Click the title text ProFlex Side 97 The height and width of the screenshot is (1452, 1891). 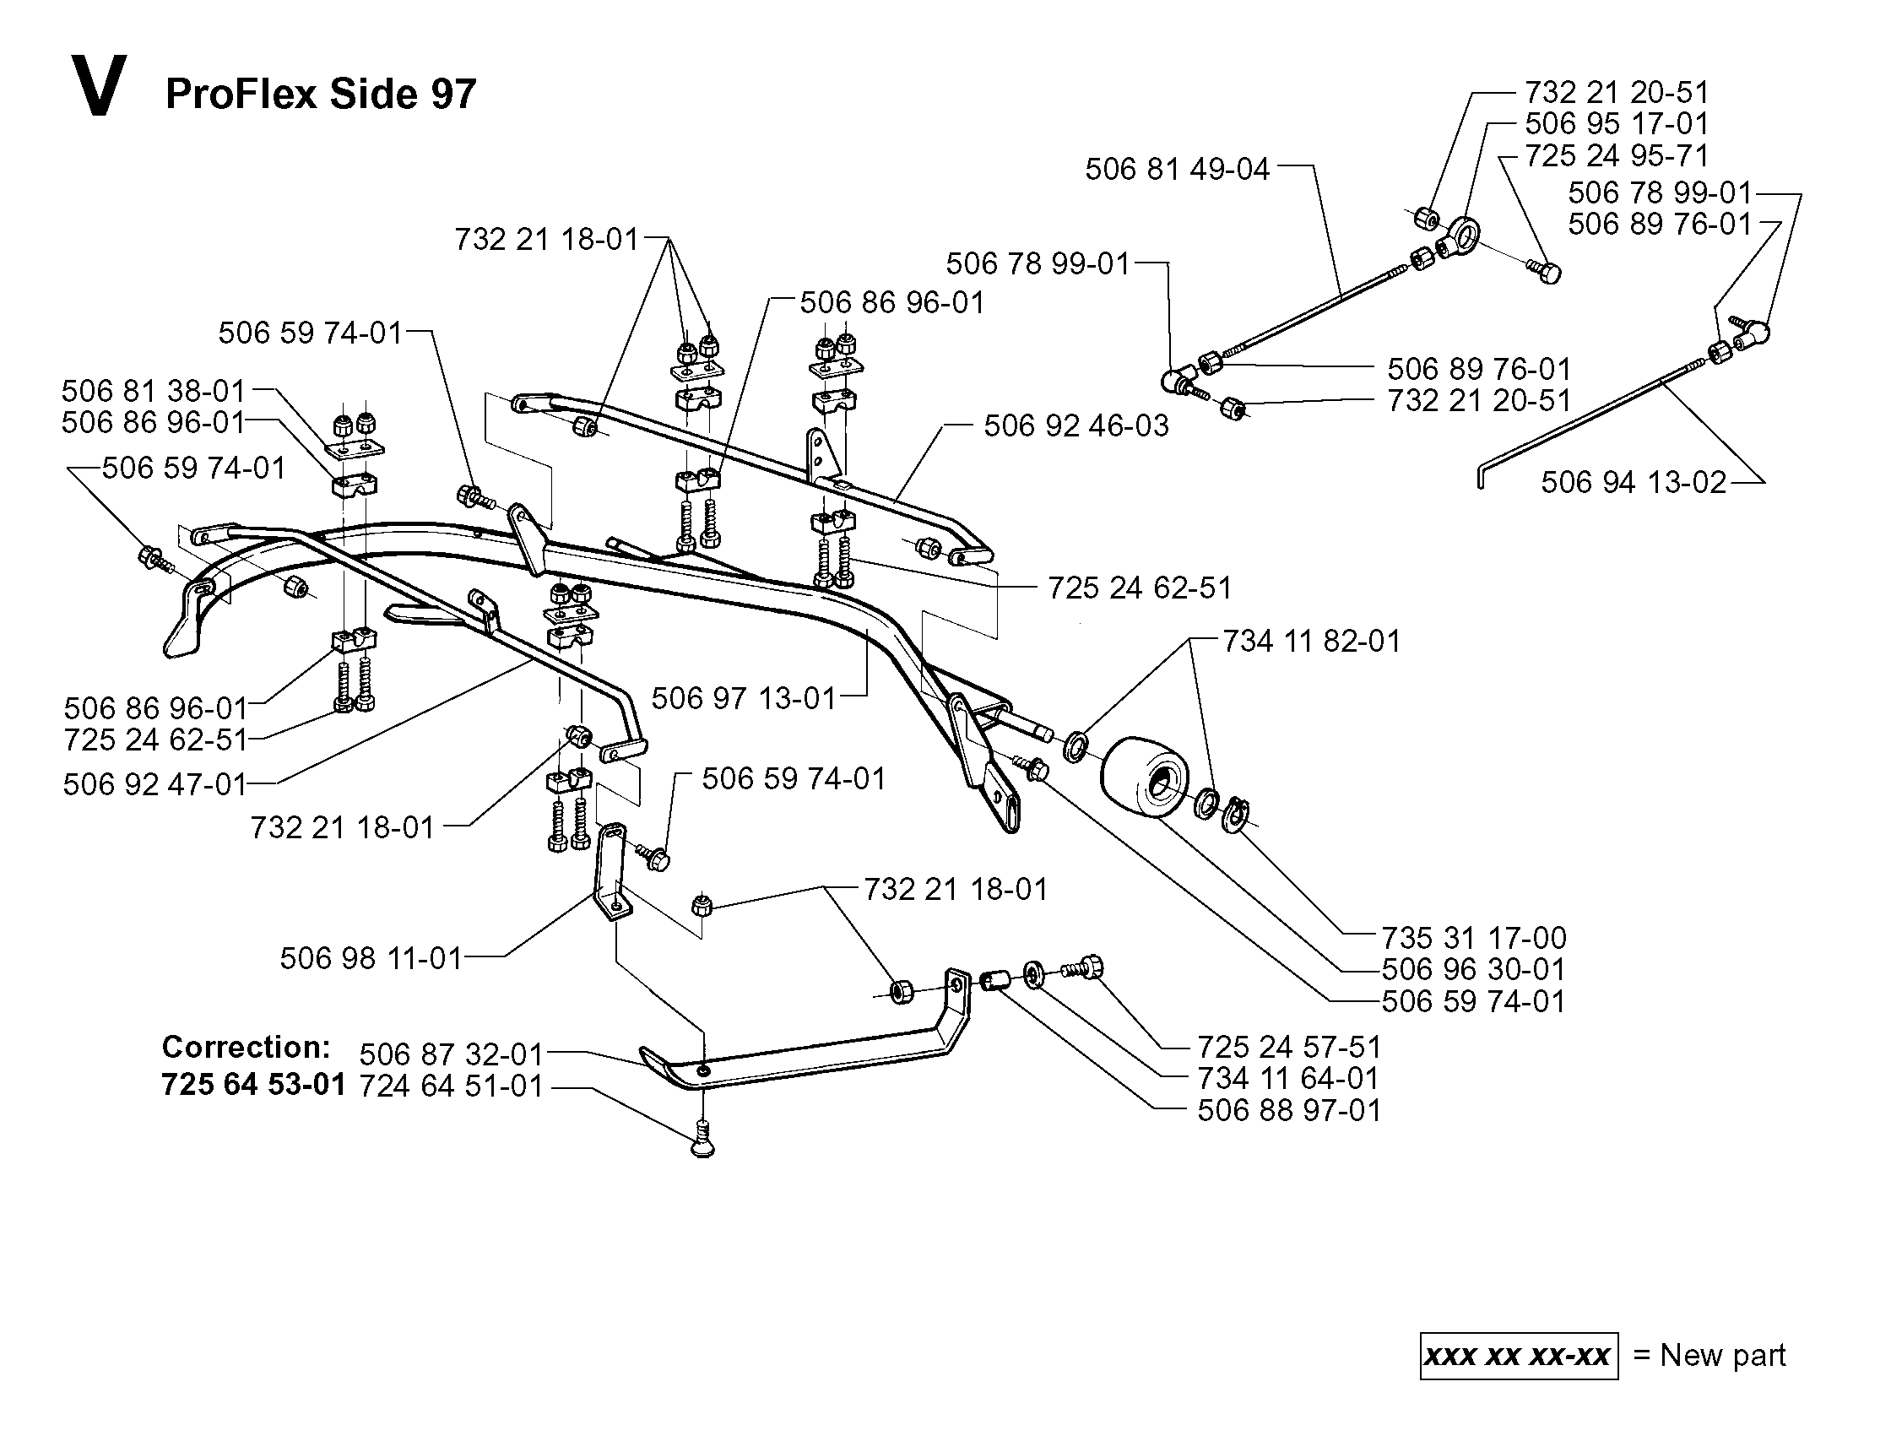321,94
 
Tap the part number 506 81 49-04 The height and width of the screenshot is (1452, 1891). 1177,169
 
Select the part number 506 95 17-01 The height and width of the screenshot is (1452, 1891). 1617,123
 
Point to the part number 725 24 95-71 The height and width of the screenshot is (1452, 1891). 1617,155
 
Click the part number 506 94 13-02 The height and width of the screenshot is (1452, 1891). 1634,481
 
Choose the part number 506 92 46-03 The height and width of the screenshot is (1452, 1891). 1076,425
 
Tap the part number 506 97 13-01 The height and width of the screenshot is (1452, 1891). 744,697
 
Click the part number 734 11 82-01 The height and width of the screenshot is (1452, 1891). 1311,641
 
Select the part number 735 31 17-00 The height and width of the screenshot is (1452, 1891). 1474,937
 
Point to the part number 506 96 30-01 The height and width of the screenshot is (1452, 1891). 1474,969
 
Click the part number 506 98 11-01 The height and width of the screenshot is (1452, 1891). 371,957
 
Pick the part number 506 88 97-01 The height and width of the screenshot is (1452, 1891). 1289,1110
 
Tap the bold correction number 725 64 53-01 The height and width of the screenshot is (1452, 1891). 254,1084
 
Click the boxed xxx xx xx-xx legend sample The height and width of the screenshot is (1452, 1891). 1519,1355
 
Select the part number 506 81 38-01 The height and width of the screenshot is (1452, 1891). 154,391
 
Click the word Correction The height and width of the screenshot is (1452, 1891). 247,1047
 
